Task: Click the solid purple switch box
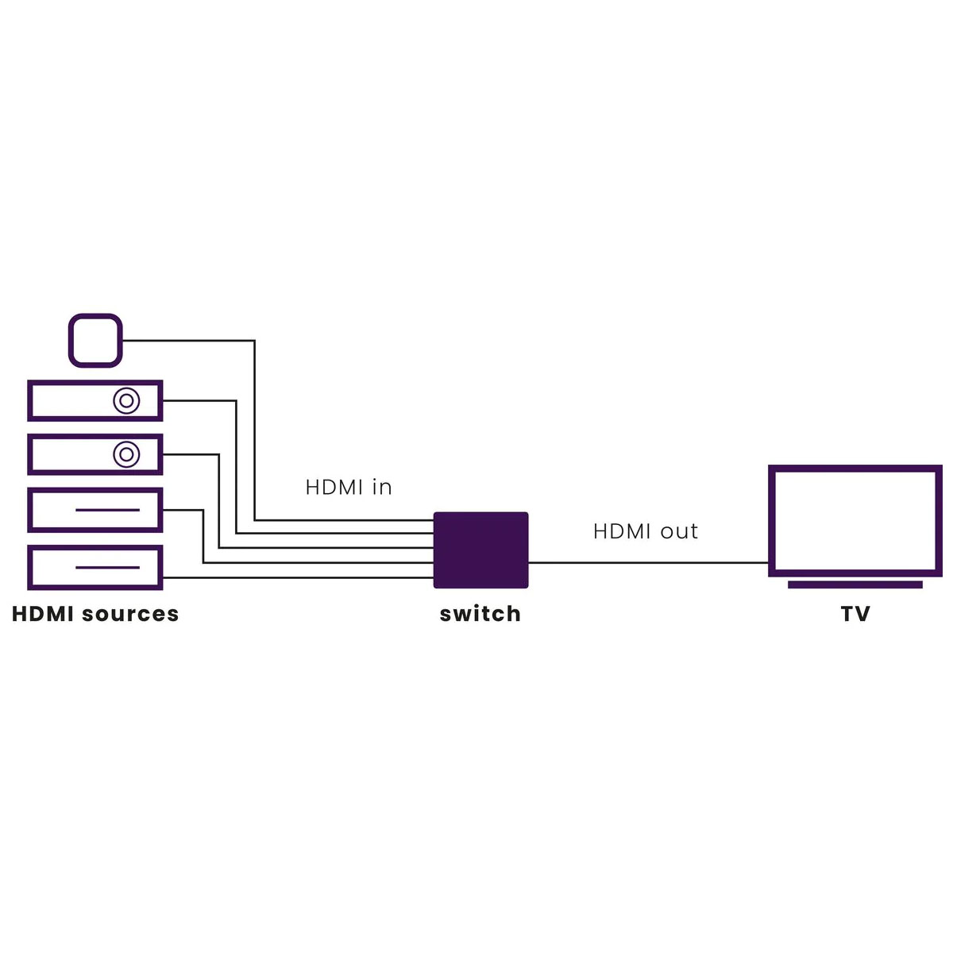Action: click(480, 550)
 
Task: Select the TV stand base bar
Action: click(855, 585)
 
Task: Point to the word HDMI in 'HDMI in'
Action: click(334, 487)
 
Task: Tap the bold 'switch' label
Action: click(480, 613)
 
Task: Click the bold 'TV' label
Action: click(855, 614)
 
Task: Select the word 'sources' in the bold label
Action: click(130, 614)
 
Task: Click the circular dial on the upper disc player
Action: click(126, 400)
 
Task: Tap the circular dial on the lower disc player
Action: click(126, 454)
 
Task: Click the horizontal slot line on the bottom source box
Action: click(107, 567)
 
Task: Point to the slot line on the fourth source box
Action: click(107, 509)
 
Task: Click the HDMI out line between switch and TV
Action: click(648, 562)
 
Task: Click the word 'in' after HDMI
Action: click(382, 487)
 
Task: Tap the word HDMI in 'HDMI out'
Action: click(622, 531)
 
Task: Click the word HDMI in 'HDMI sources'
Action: click(44, 614)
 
